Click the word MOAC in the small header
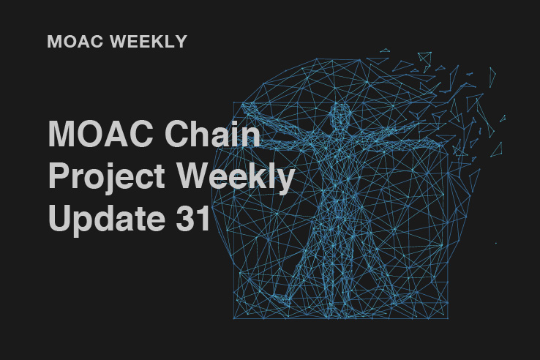(x=75, y=41)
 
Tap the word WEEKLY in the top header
(x=149, y=41)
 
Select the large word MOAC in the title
(x=100, y=133)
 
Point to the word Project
(x=106, y=177)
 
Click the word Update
(x=106, y=219)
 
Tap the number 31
(x=193, y=218)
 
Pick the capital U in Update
(x=60, y=218)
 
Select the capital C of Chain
(x=176, y=133)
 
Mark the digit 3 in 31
(x=185, y=218)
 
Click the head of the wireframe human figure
(x=340, y=113)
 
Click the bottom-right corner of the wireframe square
(x=448, y=318)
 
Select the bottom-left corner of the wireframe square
(x=233, y=318)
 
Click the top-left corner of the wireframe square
(x=234, y=102)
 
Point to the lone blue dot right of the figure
(x=496, y=243)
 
